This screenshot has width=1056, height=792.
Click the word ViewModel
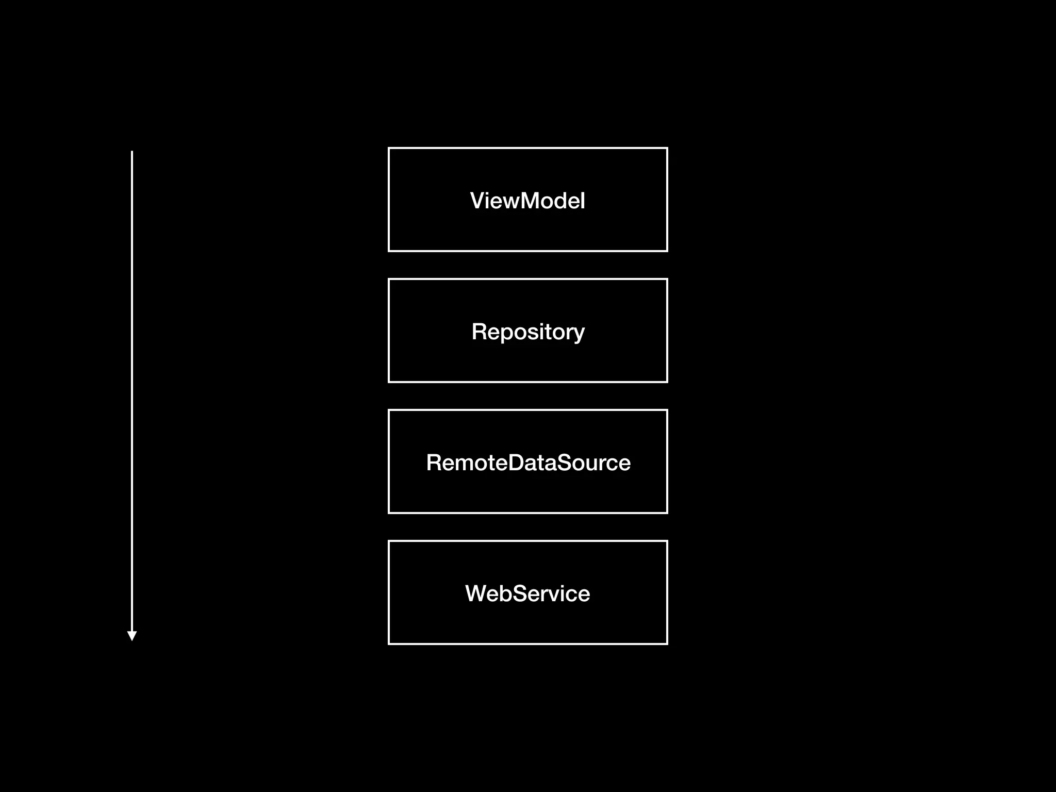click(527, 201)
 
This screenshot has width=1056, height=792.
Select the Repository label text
click(528, 332)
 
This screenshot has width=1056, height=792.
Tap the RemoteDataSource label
click(528, 463)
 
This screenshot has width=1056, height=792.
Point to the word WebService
click(527, 593)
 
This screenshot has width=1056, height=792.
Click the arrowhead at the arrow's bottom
click(132, 636)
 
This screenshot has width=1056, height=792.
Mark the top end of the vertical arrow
click(132, 152)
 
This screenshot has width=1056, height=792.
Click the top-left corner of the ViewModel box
click(389, 148)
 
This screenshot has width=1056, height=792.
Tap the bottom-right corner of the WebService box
click(667, 643)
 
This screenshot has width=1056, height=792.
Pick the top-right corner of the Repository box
click(667, 279)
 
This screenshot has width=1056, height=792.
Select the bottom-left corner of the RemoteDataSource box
click(389, 513)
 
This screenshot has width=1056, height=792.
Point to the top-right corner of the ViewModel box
click(667, 148)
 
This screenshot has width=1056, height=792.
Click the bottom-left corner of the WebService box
click(389, 643)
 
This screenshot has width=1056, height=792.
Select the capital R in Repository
click(480, 332)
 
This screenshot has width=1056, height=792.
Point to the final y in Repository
click(579, 334)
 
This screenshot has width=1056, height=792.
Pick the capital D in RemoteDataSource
click(518, 463)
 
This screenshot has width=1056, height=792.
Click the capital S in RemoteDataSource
click(566, 463)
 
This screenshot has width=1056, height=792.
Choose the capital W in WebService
click(476, 593)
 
